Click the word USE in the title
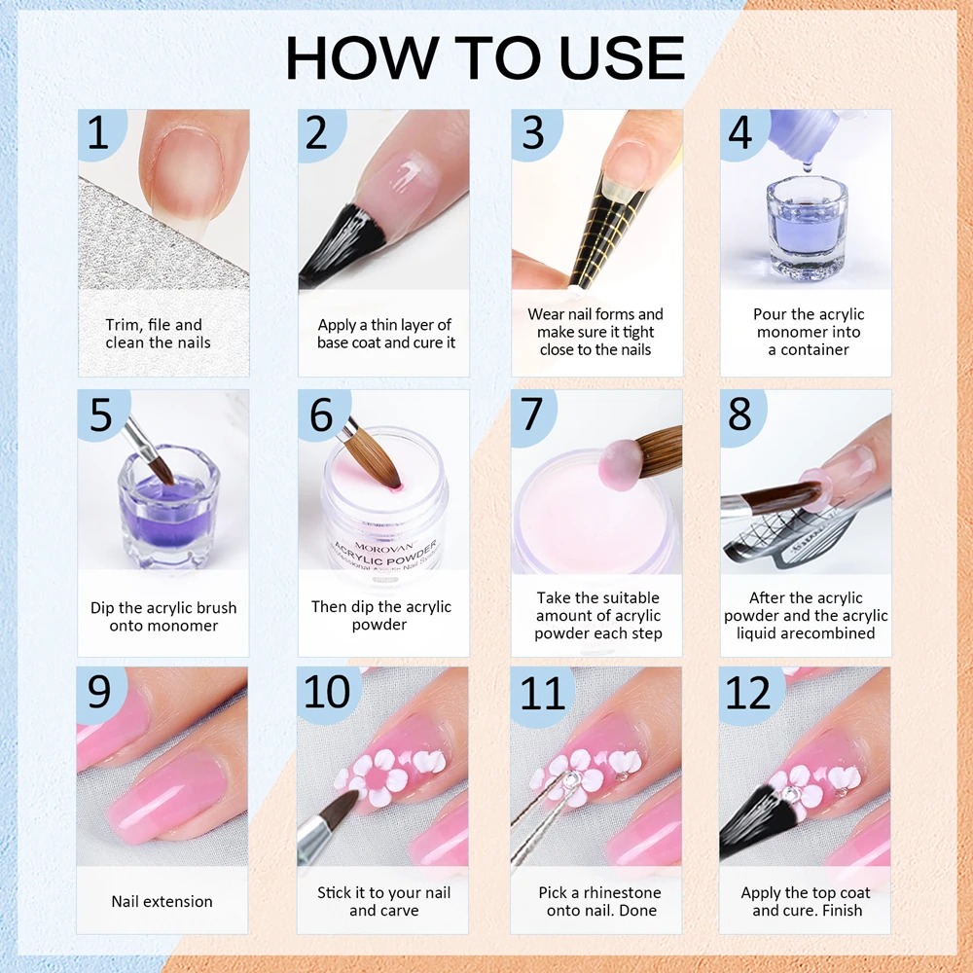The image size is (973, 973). click(x=621, y=57)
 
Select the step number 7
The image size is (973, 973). click(x=531, y=414)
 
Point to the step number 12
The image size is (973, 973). click(x=747, y=693)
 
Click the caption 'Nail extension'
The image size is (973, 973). click(x=162, y=901)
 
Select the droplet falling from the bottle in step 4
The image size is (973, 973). click(x=807, y=165)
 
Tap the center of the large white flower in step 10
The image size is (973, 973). click(x=375, y=777)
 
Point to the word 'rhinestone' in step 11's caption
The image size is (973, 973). click(x=622, y=892)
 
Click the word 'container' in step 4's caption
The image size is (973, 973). click(x=814, y=349)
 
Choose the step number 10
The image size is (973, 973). click(x=327, y=693)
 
